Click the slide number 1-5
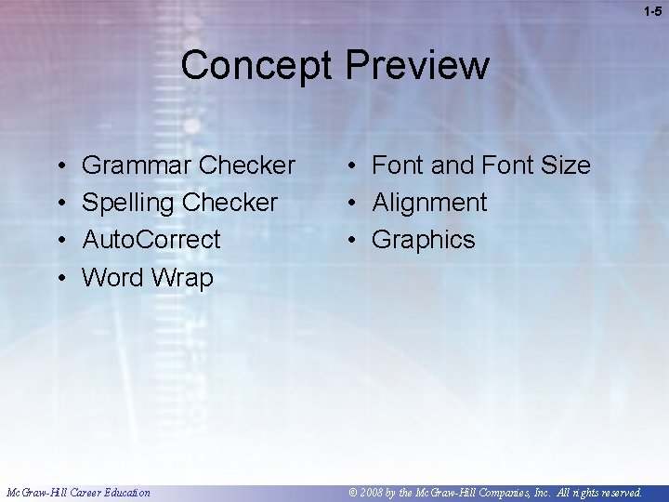point(652,10)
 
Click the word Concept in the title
point(257,65)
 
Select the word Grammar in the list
point(137,165)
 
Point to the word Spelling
point(129,203)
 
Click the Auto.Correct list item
point(151,240)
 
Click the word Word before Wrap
point(111,277)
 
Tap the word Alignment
point(429,203)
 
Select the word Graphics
point(423,240)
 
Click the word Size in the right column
point(565,165)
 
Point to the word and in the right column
point(452,165)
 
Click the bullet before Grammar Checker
point(59,166)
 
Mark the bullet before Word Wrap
point(59,278)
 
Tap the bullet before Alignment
point(354,203)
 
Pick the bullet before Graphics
point(354,240)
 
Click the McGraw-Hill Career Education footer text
point(77,493)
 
